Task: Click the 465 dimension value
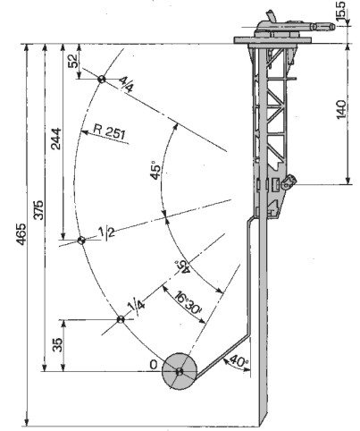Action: pyautogui.click(x=21, y=234)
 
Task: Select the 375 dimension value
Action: pyautogui.click(x=38, y=210)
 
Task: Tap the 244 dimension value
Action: pyautogui.click(x=56, y=139)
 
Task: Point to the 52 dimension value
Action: pyautogui.click(x=73, y=61)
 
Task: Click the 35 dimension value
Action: pyautogui.click(x=58, y=345)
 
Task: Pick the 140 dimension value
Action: pyautogui.click(x=341, y=110)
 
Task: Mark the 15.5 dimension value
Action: pyautogui.click(x=341, y=11)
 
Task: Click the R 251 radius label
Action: pyautogui.click(x=109, y=131)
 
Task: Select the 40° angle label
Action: pyautogui.click(x=239, y=361)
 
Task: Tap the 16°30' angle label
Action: pyautogui.click(x=188, y=303)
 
